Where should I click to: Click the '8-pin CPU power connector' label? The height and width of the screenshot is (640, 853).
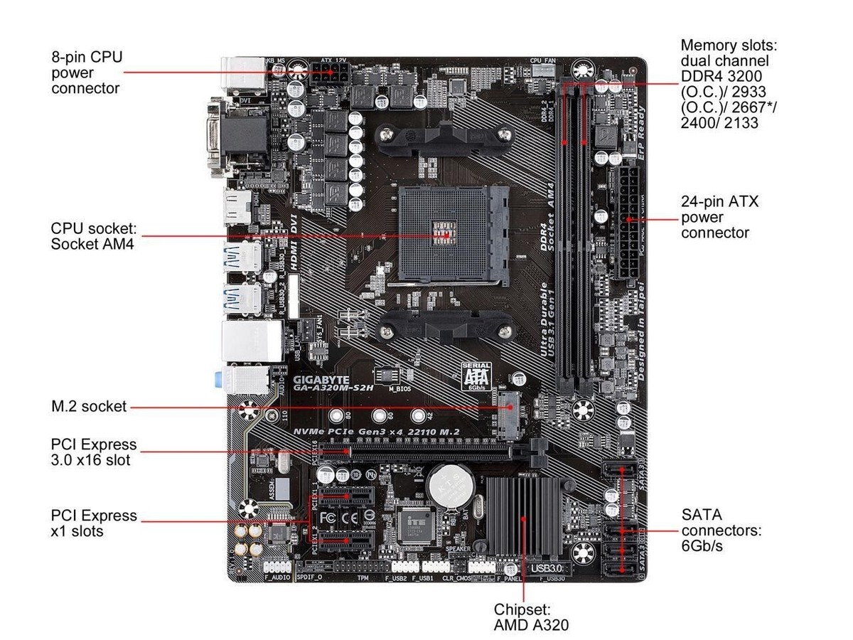(x=85, y=72)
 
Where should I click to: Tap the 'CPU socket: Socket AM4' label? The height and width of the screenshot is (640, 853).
(x=93, y=236)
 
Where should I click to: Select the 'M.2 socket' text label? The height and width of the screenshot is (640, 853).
(x=89, y=407)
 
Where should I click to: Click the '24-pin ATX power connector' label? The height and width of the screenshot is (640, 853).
(x=719, y=217)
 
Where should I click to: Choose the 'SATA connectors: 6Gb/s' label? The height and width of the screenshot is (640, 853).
(x=721, y=530)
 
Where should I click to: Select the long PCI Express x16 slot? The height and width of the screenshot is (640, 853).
(x=419, y=451)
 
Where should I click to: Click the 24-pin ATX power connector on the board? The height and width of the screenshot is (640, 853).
(x=628, y=222)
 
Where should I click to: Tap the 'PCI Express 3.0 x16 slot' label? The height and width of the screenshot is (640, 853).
(x=94, y=452)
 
